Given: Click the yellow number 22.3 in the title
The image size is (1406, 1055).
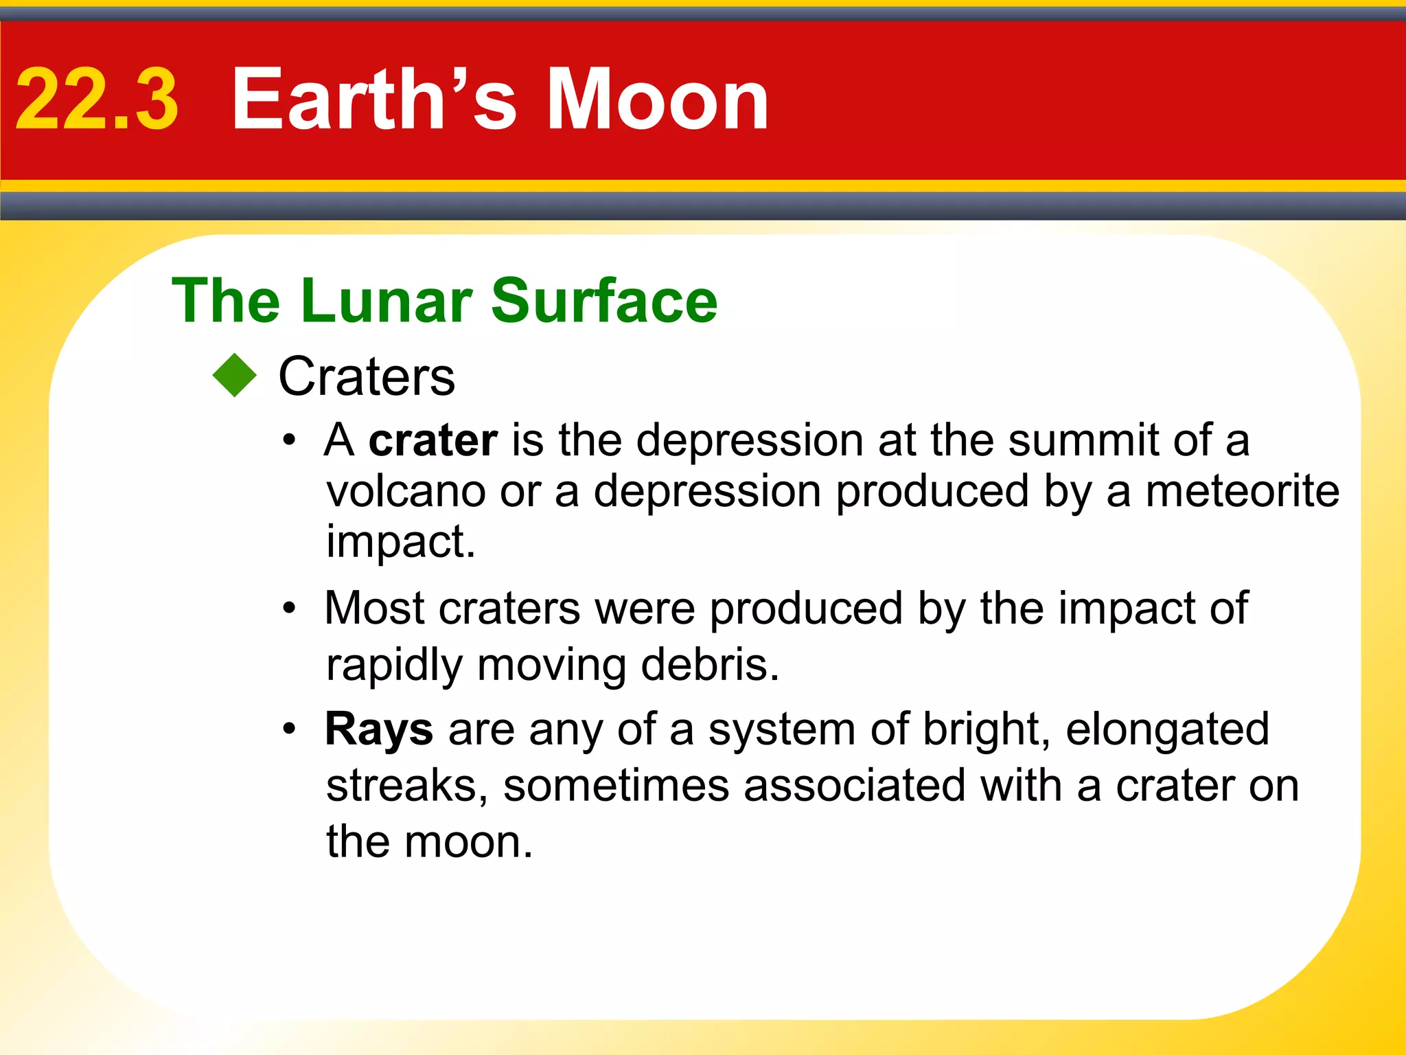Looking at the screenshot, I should click(x=97, y=100).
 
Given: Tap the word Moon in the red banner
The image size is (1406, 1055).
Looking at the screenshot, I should click(x=657, y=100).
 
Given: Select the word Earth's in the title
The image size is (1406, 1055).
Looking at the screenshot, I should click(x=373, y=100).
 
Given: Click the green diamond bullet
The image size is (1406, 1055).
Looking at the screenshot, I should click(x=235, y=375).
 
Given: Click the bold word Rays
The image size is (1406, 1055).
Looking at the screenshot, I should click(x=379, y=729).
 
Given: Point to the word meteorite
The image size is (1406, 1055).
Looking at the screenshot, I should click(x=1242, y=491).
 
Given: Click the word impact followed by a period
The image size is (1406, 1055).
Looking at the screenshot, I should click(x=400, y=542).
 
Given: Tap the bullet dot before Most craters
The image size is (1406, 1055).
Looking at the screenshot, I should click(x=290, y=608).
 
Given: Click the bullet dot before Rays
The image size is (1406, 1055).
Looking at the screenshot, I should click(x=290, y=729).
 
